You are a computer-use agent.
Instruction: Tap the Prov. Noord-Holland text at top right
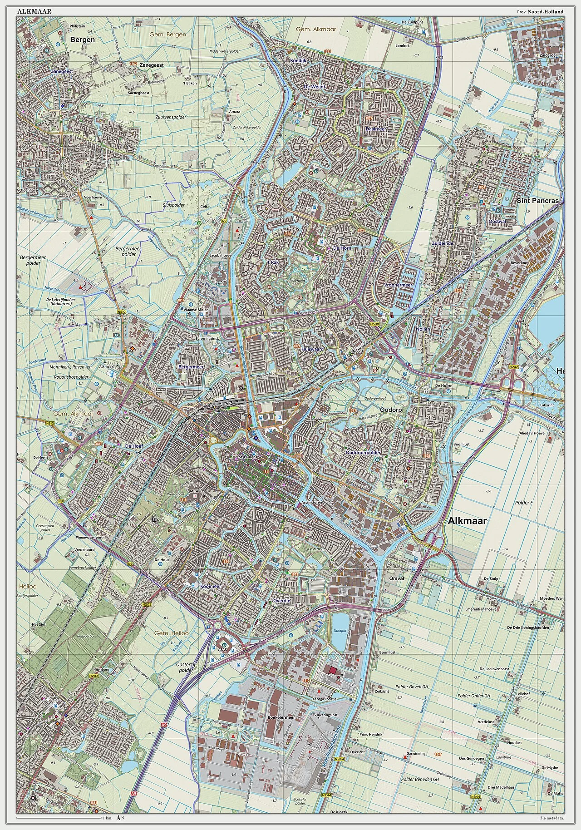tap(540, 12)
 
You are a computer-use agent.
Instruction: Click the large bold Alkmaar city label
tap(467, 521)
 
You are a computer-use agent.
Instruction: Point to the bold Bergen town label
tap(83, 40)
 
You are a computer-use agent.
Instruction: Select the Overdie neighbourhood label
tap(282, 600)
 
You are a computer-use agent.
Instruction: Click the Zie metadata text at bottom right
tap(551, 819)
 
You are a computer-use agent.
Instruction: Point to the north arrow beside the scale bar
tap(118, 818)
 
